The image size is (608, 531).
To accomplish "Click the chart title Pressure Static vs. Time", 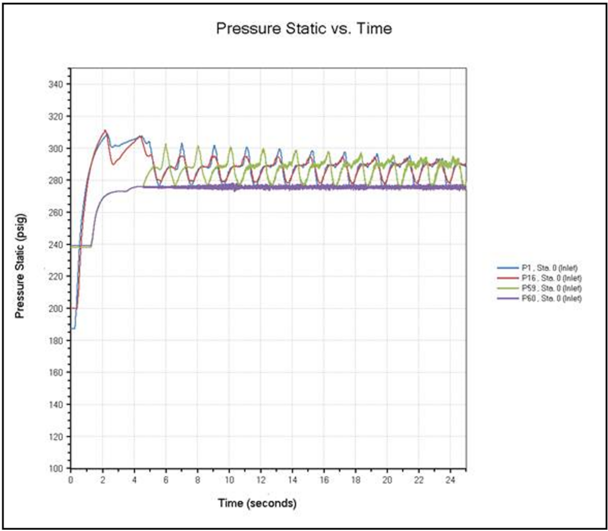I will point(303,28).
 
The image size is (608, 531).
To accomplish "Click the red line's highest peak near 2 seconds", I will point(105,131).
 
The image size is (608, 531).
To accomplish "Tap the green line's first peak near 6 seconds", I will point(166,144).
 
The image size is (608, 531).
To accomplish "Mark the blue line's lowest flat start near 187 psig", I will point(73,328).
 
